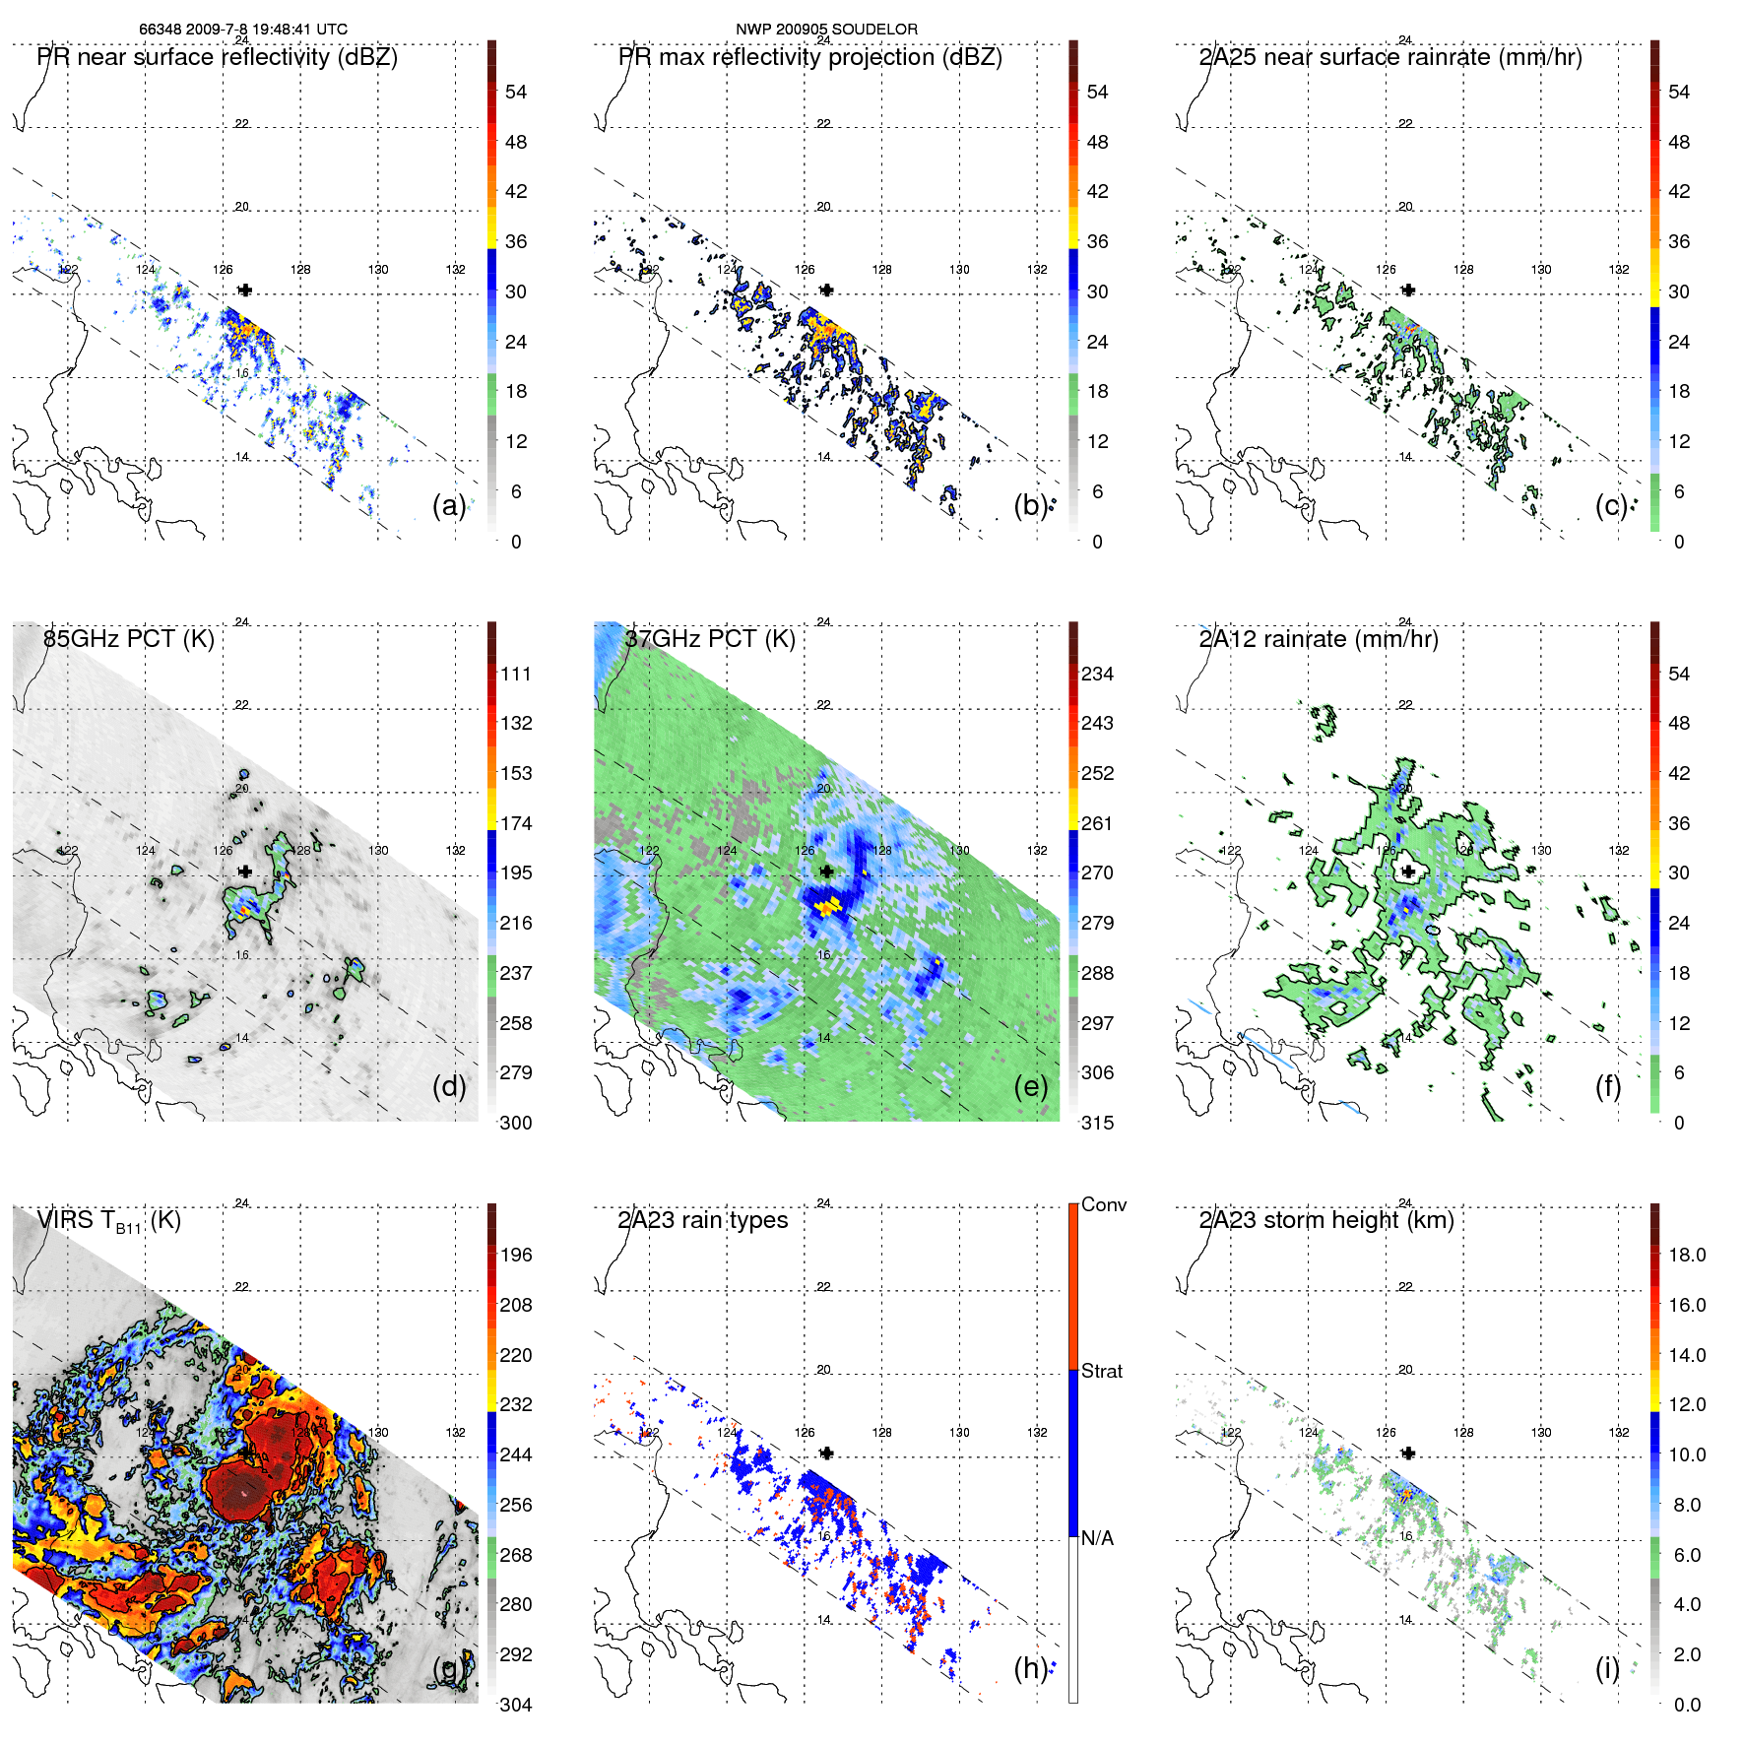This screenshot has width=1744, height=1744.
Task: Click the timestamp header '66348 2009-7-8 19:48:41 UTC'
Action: (242, 30)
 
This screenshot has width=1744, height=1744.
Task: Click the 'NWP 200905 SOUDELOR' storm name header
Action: (826, 30)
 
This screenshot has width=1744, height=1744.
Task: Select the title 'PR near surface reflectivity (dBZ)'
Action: (218, 57)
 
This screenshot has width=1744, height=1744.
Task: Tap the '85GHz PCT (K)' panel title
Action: (129, 639)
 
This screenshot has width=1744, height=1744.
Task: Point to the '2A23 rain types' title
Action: (702, 1220)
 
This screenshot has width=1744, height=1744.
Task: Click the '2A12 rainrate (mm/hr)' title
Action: (1319, 639)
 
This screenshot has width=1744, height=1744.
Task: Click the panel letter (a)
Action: (449, 505)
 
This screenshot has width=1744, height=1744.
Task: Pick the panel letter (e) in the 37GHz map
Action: (1031, 1086)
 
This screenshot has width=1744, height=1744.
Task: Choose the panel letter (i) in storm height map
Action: (1607, 1668)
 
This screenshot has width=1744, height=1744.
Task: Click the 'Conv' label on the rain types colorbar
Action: (1103, 1204)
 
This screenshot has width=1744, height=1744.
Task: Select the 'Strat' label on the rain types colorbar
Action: (1101, 1371)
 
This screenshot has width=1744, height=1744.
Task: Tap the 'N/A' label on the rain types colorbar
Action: (1097, 1538)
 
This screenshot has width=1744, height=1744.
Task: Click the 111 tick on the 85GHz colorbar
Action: (516, 674)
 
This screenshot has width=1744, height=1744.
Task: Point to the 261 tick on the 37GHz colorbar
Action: (1097, 823)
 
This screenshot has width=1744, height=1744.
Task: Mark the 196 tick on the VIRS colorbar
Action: (516, 1255)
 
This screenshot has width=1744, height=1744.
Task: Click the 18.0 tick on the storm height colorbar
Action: (1687, 1255)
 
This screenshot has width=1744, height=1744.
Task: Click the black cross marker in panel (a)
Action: (245, 290)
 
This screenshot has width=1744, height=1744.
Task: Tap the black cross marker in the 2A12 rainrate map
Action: (1408, 872)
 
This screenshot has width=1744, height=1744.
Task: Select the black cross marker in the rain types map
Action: (827, 1453)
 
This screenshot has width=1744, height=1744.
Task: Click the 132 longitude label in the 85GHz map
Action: (455, 850)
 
